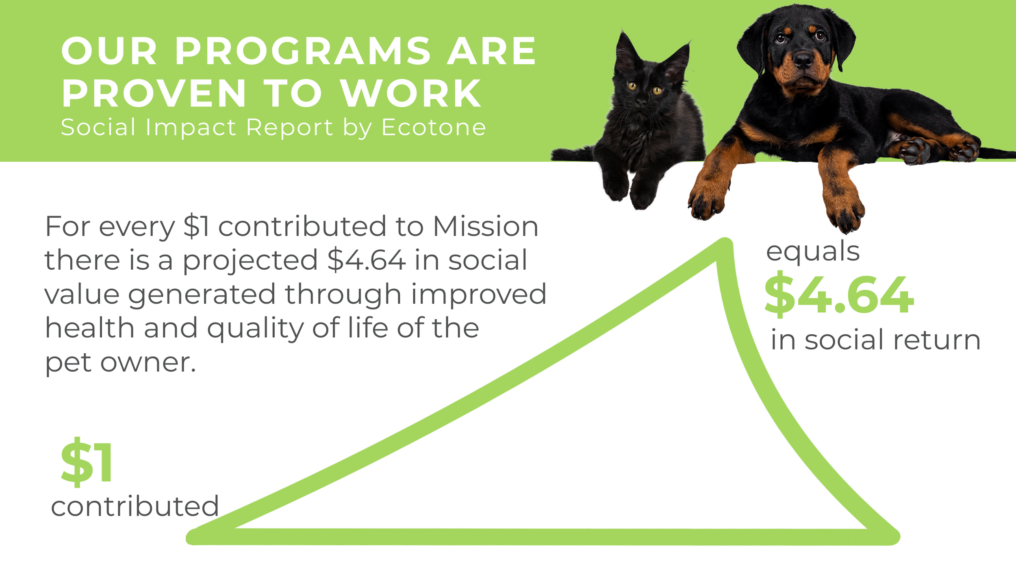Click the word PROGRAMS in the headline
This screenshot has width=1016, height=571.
(303, 51)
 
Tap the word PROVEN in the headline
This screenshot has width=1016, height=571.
(154, 93)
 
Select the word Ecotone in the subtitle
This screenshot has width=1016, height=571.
(434, 128)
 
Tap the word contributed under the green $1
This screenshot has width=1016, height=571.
(135, 506)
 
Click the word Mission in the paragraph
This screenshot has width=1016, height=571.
(486, 226)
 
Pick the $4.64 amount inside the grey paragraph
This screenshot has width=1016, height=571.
(367, 260)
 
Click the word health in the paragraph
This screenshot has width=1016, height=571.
(89, 328)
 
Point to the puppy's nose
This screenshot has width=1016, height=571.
(803, 60)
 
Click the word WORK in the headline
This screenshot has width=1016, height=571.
(410, 93)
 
